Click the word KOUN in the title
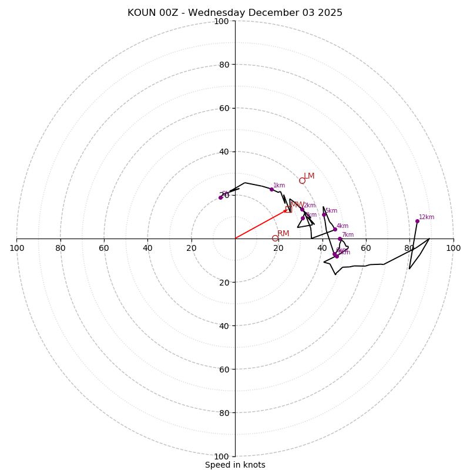(x=142, y=13)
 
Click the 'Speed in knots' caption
(x=235, y=465)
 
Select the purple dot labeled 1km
(x=271, y=189)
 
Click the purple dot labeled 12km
(x=417, y=221)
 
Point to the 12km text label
(x=427, y=217)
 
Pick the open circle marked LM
(x=302, y=180)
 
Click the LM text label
(x=309, y=176)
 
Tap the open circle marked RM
(x=275, y=238)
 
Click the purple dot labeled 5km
(x=324, y=214)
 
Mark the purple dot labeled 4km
(x=335, y=229)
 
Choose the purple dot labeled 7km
(x=340, y=239)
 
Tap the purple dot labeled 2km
(x=302, y=209)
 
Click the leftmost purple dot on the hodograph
(x=221, y=197)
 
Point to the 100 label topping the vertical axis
(x=221, y=22)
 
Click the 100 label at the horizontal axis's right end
(x=453, y=248)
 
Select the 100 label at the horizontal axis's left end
(x=17, y=248)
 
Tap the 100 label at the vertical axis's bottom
(x=221, y=456)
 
